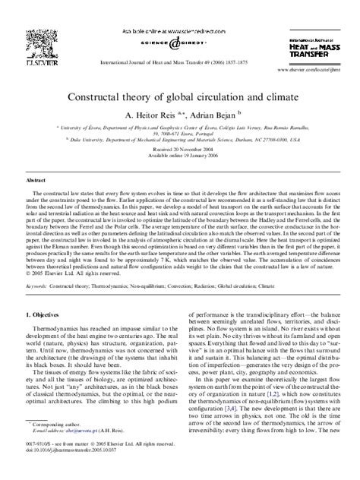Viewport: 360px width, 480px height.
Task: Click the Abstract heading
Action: point(36,182)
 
